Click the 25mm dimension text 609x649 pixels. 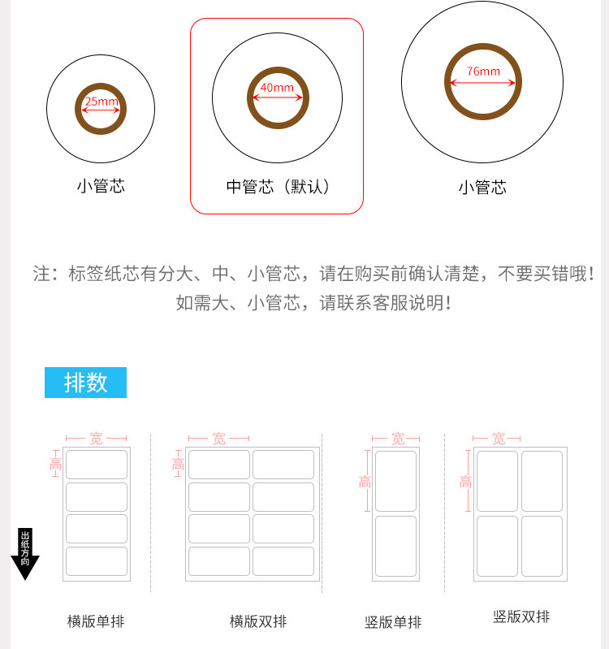[101, 101]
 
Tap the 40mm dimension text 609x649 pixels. [277, 88]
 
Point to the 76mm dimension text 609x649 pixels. [484, 71]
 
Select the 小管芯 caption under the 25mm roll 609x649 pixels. [101, 186]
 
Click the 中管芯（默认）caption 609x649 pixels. [278, 187]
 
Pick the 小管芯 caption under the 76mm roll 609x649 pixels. [482, 188]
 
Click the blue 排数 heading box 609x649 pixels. [85, 383]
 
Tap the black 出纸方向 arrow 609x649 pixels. [25, 554]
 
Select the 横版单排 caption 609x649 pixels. [96, 621]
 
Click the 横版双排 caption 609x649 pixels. [258, 621]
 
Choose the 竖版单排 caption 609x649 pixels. [393, 622]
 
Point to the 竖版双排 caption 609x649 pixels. [521, 617]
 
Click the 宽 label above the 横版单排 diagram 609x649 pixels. [97, 439]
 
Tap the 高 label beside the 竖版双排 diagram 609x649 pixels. [465, 482]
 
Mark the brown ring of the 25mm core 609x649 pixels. [101, 86]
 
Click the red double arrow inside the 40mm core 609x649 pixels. [278, 97]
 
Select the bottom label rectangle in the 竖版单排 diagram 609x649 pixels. [395, 546]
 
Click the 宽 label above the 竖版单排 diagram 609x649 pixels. [398, 439]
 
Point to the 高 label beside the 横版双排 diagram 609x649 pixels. [178, 464]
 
